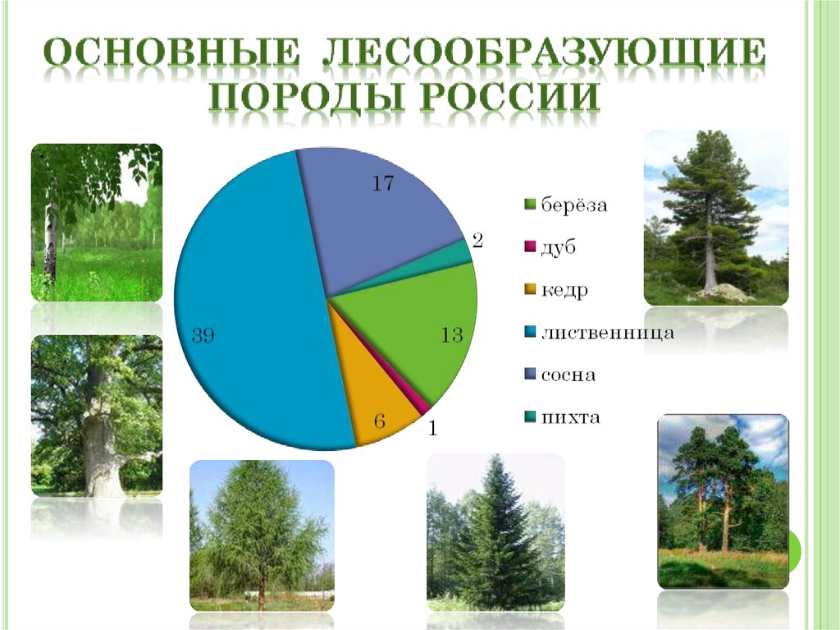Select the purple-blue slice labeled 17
377,214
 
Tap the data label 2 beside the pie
477,241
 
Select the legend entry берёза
573,205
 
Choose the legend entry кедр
564,290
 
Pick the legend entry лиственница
606,333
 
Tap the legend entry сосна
567,375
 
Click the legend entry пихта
569,418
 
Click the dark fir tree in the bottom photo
492,542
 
